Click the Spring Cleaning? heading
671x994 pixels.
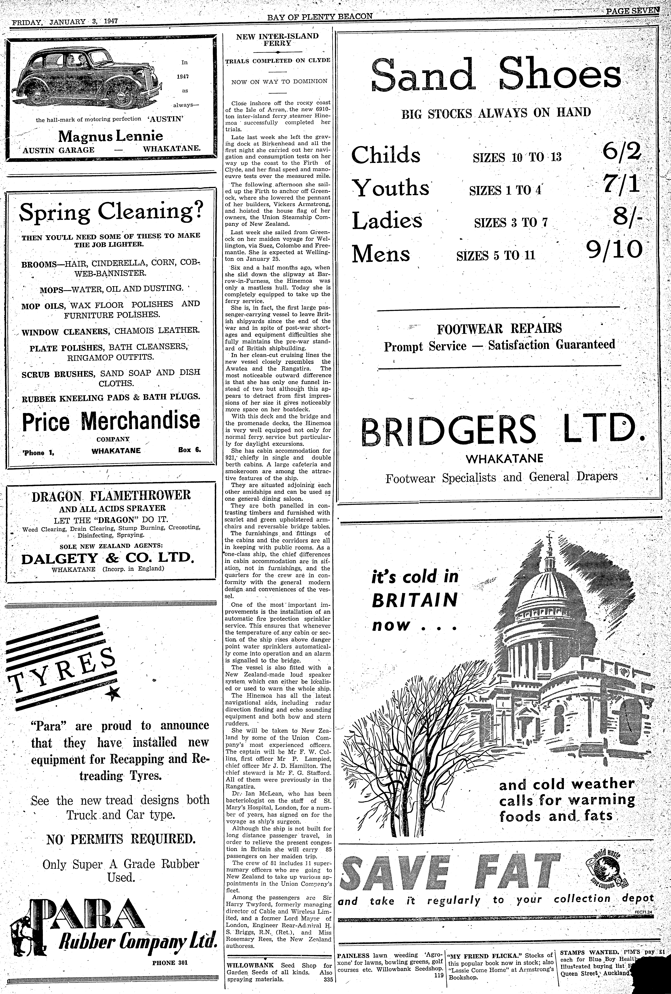(111, 212)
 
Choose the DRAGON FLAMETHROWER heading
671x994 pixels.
(111, 496)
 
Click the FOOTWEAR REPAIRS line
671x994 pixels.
(499, 329)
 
